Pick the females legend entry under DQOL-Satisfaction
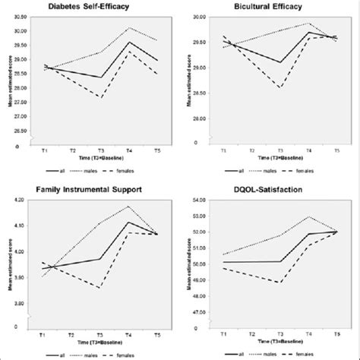322,353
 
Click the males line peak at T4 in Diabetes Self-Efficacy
129,28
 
